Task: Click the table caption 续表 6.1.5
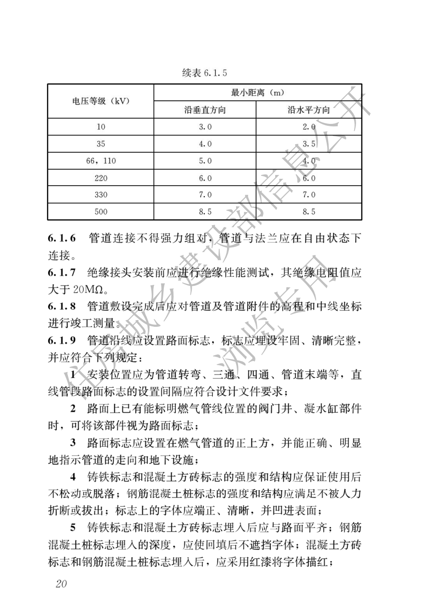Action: (204, 73)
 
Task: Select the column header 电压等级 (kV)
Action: (101, 101)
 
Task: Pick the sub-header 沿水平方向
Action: (308, 110)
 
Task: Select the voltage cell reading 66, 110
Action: (101, 161)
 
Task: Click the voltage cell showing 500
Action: (101, 211)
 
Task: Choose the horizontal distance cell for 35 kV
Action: (308, 144)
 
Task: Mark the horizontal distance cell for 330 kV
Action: (308, 195)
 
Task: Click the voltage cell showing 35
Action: (101, 144)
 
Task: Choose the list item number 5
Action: (74, 530)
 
